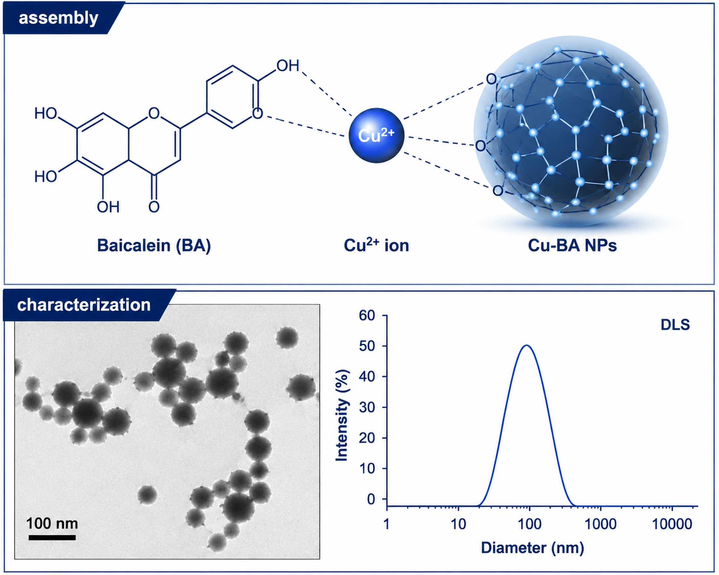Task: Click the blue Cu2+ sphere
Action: click(377, 136)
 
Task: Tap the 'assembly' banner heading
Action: click(59, 18)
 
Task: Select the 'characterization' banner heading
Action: click(84, 305)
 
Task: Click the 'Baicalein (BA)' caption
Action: click(154, 246)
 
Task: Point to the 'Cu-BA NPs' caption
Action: click(572, 246)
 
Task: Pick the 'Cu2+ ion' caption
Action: click(376, 245)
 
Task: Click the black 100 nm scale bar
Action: click(52, 537)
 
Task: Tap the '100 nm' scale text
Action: click(52, 523)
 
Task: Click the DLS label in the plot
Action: click(675, 325)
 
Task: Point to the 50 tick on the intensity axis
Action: click(368, 346)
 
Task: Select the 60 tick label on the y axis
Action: click(368, 315)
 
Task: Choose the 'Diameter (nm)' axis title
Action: click(532, 548)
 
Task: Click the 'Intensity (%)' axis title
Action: click(342, 415)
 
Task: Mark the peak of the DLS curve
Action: click(527, 345)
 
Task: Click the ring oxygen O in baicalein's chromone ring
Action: click(154, 113)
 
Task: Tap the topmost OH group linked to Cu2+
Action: click(288, 66)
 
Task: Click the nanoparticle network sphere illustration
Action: click(571, 131)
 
